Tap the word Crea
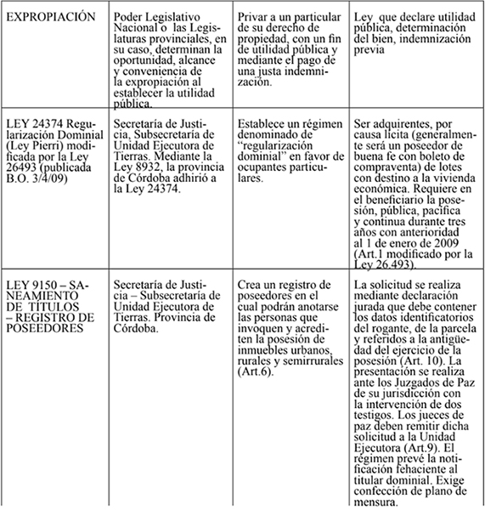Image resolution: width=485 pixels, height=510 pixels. [251, 284]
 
